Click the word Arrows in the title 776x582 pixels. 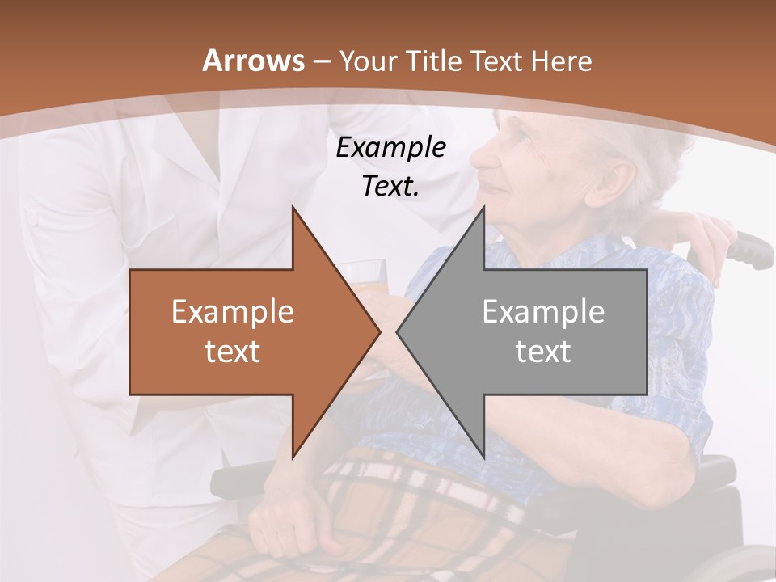click(x=253, y=61)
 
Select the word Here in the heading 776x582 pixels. click(x=561, y=61)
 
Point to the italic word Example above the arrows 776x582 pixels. click(x=391, y=148)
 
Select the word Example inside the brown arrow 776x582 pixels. click(x=233, y=312)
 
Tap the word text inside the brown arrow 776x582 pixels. click(x=233, y=351)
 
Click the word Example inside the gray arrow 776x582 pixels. click(x=543, y=312)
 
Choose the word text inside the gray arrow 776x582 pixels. click(x=543, y=351)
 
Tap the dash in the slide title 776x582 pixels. click(x=320, y=61)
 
